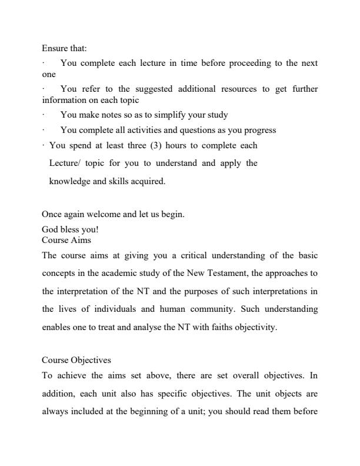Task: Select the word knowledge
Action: point(69,181)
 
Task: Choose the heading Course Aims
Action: point(66,240)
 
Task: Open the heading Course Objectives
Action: point(76,360)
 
